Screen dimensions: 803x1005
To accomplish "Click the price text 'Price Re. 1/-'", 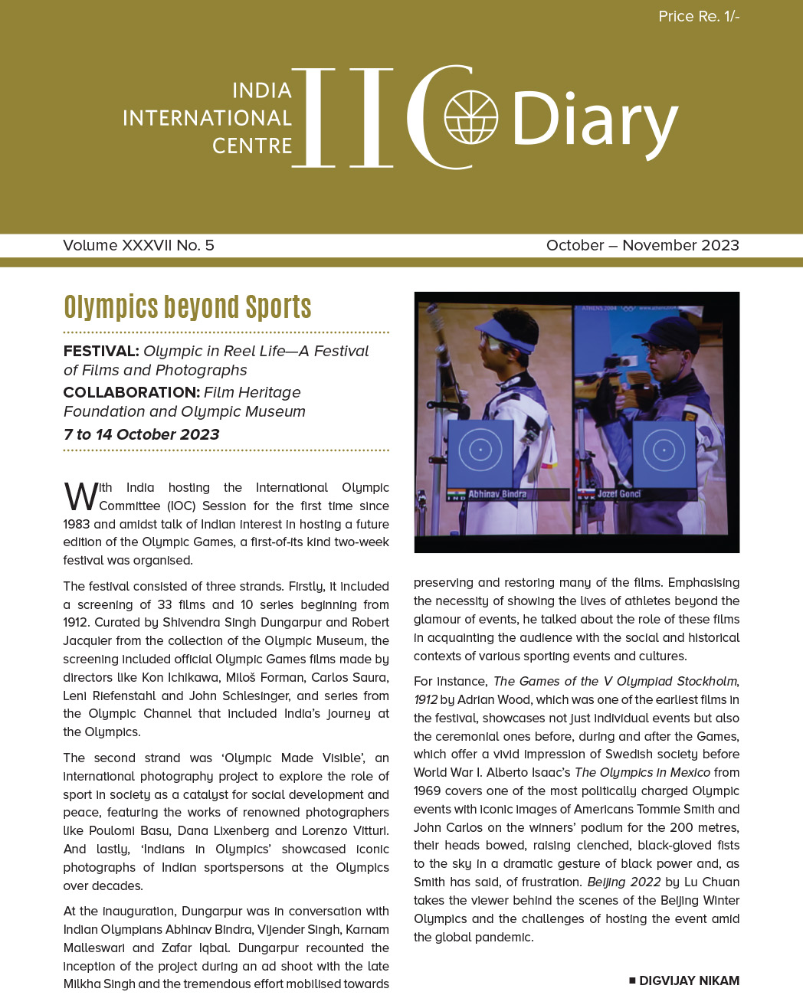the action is click(x=699, y=16).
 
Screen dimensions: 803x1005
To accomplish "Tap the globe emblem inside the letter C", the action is click(x=471, y=117).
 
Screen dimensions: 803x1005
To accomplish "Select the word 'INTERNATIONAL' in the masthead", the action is click(x=207, y=118).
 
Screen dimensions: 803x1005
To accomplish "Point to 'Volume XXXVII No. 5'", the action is click(x=139, y=245).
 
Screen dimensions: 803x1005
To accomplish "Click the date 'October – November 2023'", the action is click(x=642, y=245).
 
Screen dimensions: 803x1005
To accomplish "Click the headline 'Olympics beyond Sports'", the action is click(x=188, y=306).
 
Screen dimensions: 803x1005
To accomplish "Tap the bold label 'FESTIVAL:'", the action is click(x=101, y=351).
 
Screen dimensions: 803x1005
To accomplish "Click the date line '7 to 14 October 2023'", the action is click(x=142, y=434).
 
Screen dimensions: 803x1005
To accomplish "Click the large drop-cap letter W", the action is click(x=80, y=496).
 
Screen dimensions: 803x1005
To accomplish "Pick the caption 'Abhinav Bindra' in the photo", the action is click(x=497, y=494).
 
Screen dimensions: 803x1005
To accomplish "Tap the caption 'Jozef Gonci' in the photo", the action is click(x=618, y=494).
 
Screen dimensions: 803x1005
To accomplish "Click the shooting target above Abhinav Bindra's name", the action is click(x=480, y=450).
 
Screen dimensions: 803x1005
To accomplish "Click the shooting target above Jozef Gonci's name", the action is click(x=664, y=450).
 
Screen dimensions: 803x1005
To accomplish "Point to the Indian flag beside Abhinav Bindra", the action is click(x=456, y=495).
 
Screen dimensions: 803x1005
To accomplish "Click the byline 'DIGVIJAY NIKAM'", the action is click(x=689, y=980).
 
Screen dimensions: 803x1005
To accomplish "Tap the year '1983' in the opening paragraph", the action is click(x=77, y=524).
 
